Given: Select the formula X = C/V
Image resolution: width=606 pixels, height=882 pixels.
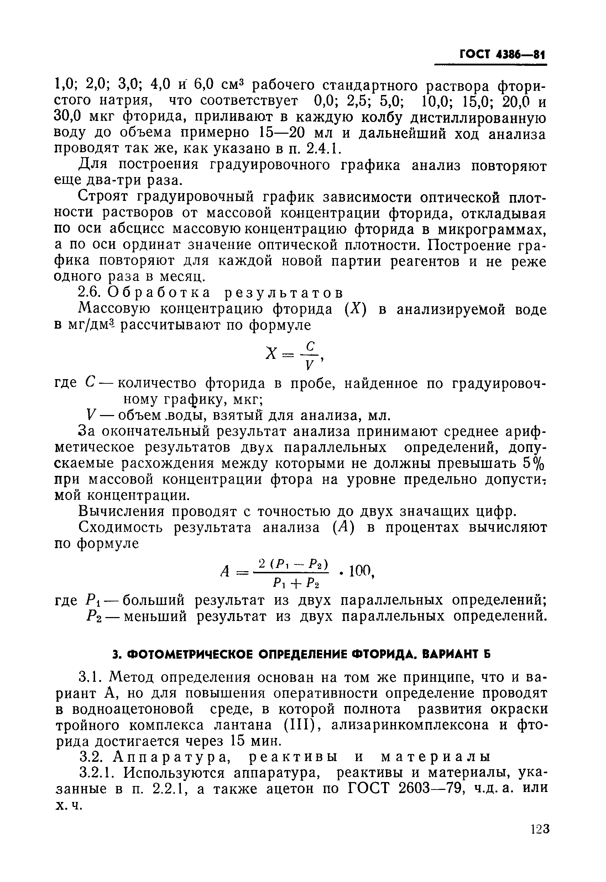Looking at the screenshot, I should point(294,355).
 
